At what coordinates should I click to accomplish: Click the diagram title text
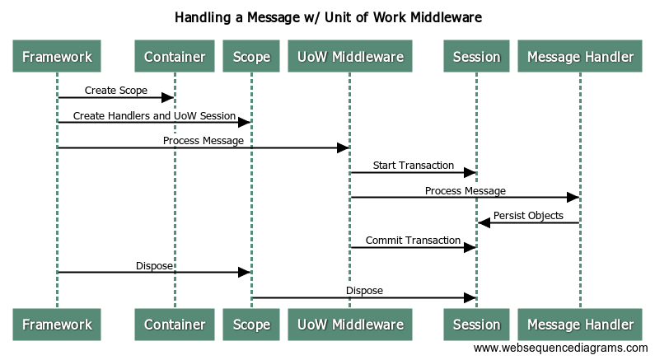pos(328,16)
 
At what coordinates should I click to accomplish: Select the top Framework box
pos(57,57)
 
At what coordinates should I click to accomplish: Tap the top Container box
pos(175,57)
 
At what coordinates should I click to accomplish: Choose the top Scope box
pos(251,57)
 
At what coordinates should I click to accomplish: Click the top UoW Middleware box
pos(349,57)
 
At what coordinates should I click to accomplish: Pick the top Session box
pos(476,57)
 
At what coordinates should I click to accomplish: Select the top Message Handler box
pos(580,57)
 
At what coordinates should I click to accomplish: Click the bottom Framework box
pos(57,325)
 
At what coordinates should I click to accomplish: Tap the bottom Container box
pos(175,325)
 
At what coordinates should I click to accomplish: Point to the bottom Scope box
pos(251,325)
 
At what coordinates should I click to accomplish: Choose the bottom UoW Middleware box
pos(349,325)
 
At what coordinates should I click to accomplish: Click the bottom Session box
pos(476,325)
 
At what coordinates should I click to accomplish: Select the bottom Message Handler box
pos(580,325)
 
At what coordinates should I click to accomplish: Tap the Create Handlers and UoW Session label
pos(154,116)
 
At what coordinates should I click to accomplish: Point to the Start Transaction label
pos(413,166)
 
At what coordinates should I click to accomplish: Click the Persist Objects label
pos(528,216)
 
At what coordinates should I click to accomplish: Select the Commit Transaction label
pos(413,241)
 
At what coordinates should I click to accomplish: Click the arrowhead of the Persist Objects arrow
pos(484,222)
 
